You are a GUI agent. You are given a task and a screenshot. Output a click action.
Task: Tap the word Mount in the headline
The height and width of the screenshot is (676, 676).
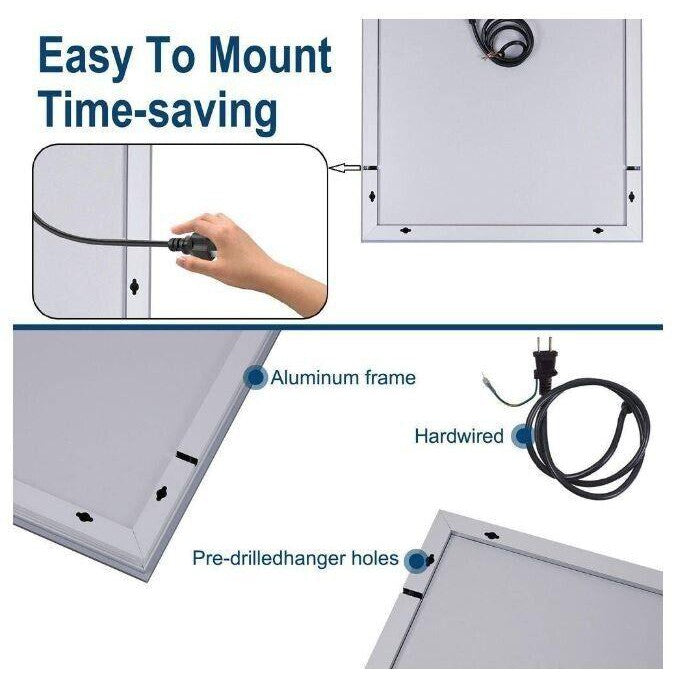click(x=270, y=55)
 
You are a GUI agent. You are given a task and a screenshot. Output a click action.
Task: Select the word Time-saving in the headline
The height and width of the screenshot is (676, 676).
click(x=158, y=110)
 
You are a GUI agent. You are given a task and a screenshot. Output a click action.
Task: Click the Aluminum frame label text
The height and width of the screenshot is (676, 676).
click(x=343, y=378)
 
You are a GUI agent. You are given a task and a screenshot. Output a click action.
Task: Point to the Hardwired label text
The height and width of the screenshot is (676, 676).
click(x=459, y=436)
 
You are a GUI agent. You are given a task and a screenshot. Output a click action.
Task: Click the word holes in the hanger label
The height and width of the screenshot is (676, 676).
click(x=375, y=558)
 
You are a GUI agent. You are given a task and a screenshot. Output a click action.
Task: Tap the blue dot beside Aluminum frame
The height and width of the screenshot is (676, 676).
click(x=256, y=378)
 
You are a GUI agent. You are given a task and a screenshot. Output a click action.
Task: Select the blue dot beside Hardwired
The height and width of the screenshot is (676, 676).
click(x=524, y=435)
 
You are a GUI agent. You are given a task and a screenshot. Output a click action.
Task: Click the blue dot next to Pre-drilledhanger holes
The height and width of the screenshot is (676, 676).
click(x=417, y=561)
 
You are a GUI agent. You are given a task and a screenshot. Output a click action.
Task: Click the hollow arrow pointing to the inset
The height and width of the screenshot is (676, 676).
click(x=345, y=168)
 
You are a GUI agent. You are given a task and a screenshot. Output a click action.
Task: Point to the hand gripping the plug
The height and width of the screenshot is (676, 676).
click(x=246, y=259)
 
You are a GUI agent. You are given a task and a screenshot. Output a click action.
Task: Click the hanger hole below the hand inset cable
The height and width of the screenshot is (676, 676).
click(x=135, y=285)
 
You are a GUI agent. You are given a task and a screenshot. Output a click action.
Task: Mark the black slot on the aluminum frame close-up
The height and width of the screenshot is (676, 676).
click(x=187, y=458)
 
